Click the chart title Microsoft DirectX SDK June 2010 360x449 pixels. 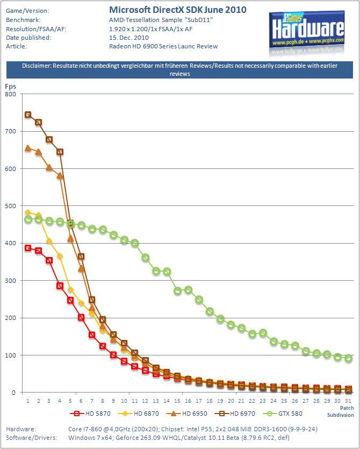178,10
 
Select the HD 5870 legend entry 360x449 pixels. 90,414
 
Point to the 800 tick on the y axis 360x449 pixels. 11,94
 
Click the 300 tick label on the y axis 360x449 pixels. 11,281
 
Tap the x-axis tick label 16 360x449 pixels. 188,401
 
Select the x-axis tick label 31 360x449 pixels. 348,401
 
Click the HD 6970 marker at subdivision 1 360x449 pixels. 28,115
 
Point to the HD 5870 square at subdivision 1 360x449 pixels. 28,248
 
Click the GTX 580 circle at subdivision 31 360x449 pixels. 348,358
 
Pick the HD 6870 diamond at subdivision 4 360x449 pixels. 60,256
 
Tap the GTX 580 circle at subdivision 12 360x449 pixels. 146,258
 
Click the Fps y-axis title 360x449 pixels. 11,87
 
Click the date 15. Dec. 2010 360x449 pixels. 129,38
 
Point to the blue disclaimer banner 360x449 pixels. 179,69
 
